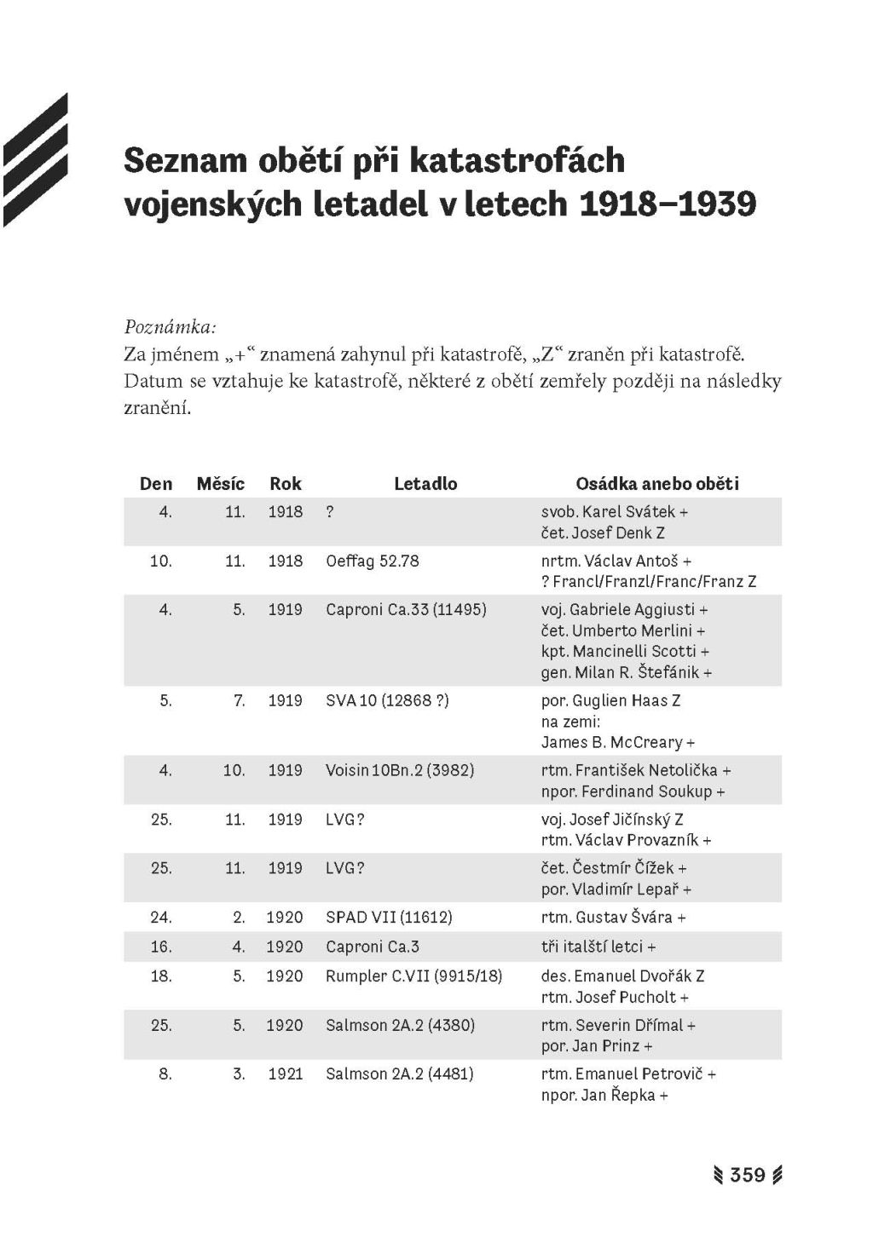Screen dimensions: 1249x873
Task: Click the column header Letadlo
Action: (x=425, y=484)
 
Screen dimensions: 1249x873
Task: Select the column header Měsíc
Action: (x=220, y=484)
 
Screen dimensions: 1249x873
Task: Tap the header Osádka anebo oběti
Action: (x=657, y=484)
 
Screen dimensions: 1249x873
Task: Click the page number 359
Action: (x=748, y=1175)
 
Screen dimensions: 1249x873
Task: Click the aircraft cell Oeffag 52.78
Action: (x=373, y=561)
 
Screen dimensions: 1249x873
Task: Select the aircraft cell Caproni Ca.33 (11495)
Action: (x=406, y=610)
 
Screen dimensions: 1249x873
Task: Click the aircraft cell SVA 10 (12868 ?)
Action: (x=387, y=700)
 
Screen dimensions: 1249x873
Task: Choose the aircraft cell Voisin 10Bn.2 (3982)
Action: (x=400, y=770)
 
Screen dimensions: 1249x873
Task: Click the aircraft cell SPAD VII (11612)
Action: (x=389, y=918)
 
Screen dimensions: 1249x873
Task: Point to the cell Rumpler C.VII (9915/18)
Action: (x=413, y=976)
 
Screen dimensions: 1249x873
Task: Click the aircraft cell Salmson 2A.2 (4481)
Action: (x=399, y=1073)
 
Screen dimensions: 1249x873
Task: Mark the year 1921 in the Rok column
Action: (x=285, y=1073)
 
